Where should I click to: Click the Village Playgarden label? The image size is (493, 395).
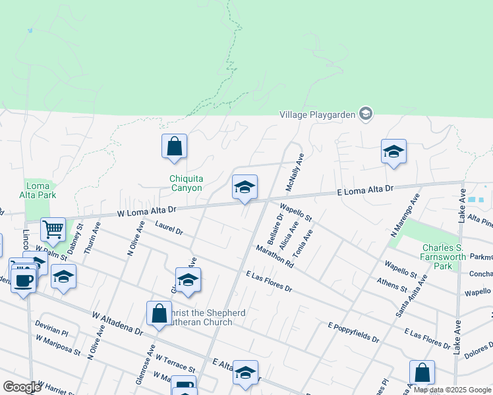317,114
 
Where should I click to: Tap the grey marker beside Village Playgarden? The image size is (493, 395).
366,114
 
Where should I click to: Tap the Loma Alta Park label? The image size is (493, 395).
40,190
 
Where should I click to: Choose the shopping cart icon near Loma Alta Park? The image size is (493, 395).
53,230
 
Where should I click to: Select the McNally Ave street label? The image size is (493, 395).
294,173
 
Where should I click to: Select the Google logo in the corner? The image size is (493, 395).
21,387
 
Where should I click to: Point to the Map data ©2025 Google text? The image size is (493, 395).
452,390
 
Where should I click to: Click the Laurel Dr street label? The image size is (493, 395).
169,228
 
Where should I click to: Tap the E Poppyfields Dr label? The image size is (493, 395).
354,332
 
